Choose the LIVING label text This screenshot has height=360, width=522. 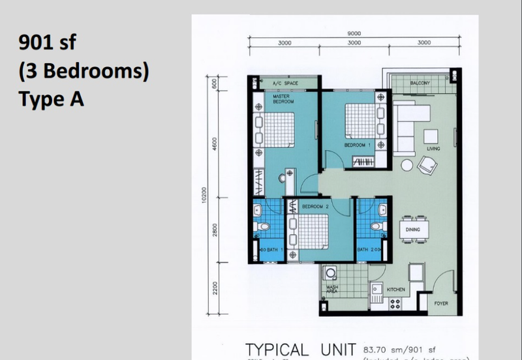(x=433, y=149)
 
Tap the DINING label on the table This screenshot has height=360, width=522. (x=412, y=230)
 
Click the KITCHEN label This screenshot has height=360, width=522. (x=397, y=289)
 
